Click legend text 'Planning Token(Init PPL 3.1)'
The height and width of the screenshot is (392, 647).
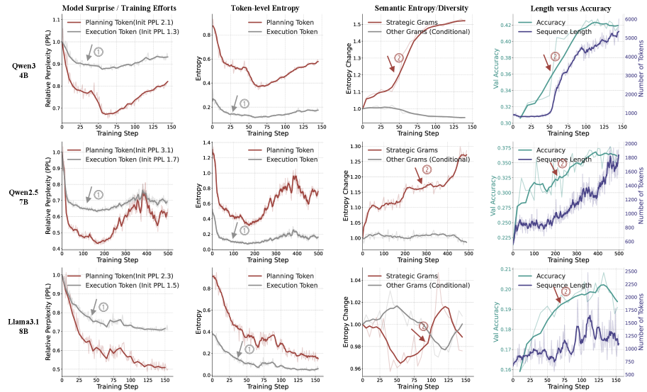[130, 149]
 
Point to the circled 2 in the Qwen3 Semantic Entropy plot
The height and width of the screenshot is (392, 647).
[399, 57]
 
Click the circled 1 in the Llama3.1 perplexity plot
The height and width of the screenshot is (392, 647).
[103, 306]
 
